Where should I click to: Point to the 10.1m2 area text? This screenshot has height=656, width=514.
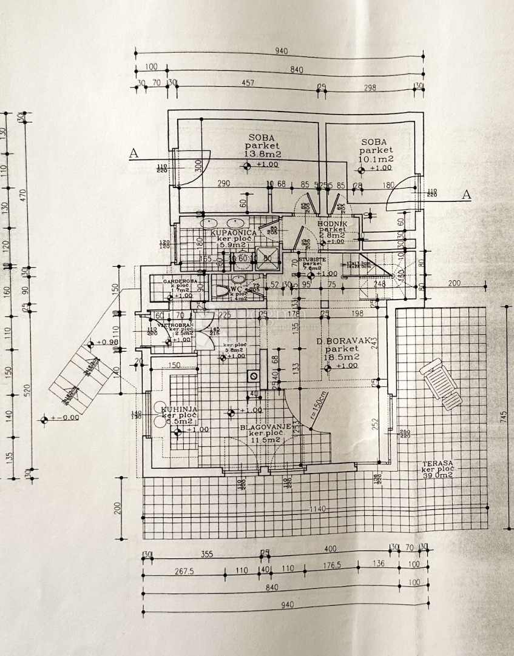[376, 159]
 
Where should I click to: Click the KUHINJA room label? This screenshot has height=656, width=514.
[180, 410]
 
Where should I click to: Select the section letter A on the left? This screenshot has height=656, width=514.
[134, 155]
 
